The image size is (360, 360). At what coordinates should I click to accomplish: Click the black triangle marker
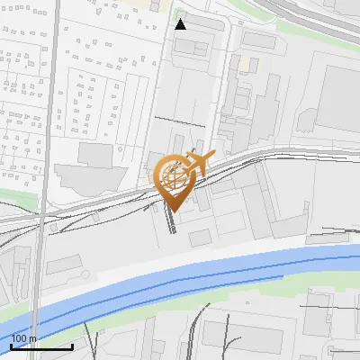tap(181, 24)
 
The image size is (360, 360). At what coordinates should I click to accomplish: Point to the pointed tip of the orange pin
tap(175, 211)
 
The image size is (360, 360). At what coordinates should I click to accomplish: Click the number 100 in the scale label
tap(21, 338)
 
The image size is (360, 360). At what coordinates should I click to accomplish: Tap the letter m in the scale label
tap(34, 338)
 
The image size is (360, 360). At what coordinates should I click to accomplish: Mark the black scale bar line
tap(41, 346)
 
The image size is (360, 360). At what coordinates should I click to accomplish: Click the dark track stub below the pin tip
tap(172, 222)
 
